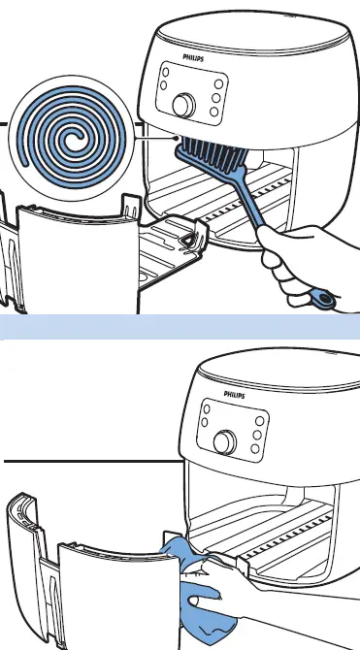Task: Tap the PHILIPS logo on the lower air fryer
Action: [237, 395]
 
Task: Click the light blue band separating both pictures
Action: [180, 326]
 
